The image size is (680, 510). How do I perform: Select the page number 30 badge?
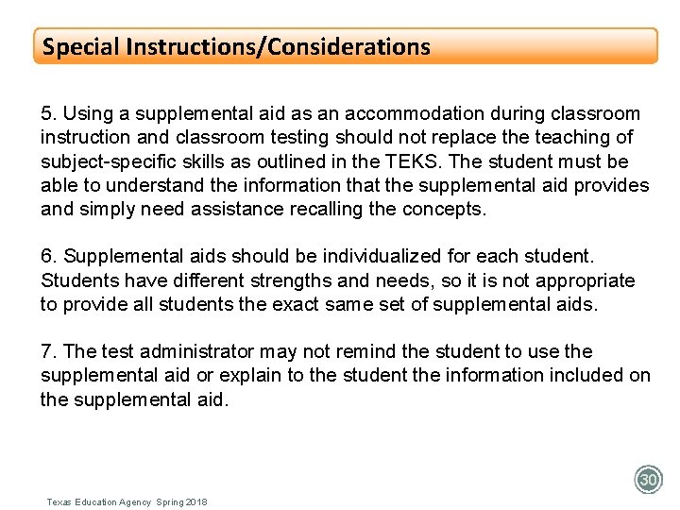click(x=648, y=480)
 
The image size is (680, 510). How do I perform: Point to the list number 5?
click(x=46, y=113)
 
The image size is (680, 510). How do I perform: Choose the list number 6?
click(x=46, y=257)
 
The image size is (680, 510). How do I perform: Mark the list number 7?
click(x=46, y=352)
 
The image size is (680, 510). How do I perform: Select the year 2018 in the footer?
click(x=196, y=501)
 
